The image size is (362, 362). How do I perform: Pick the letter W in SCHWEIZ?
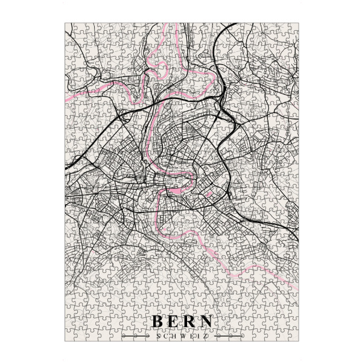(181, 335)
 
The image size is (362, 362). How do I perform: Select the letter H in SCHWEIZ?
(172, 335)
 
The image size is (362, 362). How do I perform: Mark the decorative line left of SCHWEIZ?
(136, 336)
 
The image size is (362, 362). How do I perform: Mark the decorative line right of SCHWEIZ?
(226, 336)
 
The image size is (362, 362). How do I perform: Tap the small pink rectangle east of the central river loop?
(209, 194)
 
